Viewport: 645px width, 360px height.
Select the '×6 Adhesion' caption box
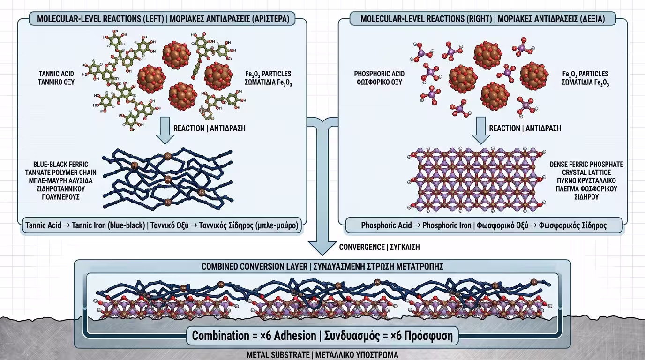(x=322, y=336)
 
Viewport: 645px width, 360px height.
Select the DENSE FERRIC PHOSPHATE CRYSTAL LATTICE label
(x=586, y=180)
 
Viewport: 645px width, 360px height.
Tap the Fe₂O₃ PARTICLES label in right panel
(x=585, y=78)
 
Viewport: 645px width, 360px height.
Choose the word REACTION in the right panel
(x=504, y=128)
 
